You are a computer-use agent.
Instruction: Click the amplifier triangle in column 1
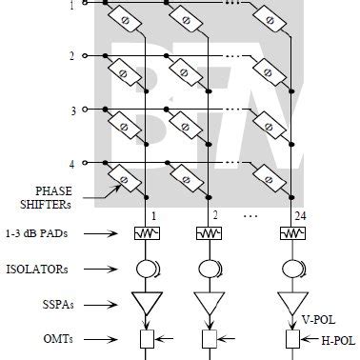point(146,303)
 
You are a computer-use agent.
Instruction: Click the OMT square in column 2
point(210,337)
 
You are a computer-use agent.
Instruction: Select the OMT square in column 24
point(289,337)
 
